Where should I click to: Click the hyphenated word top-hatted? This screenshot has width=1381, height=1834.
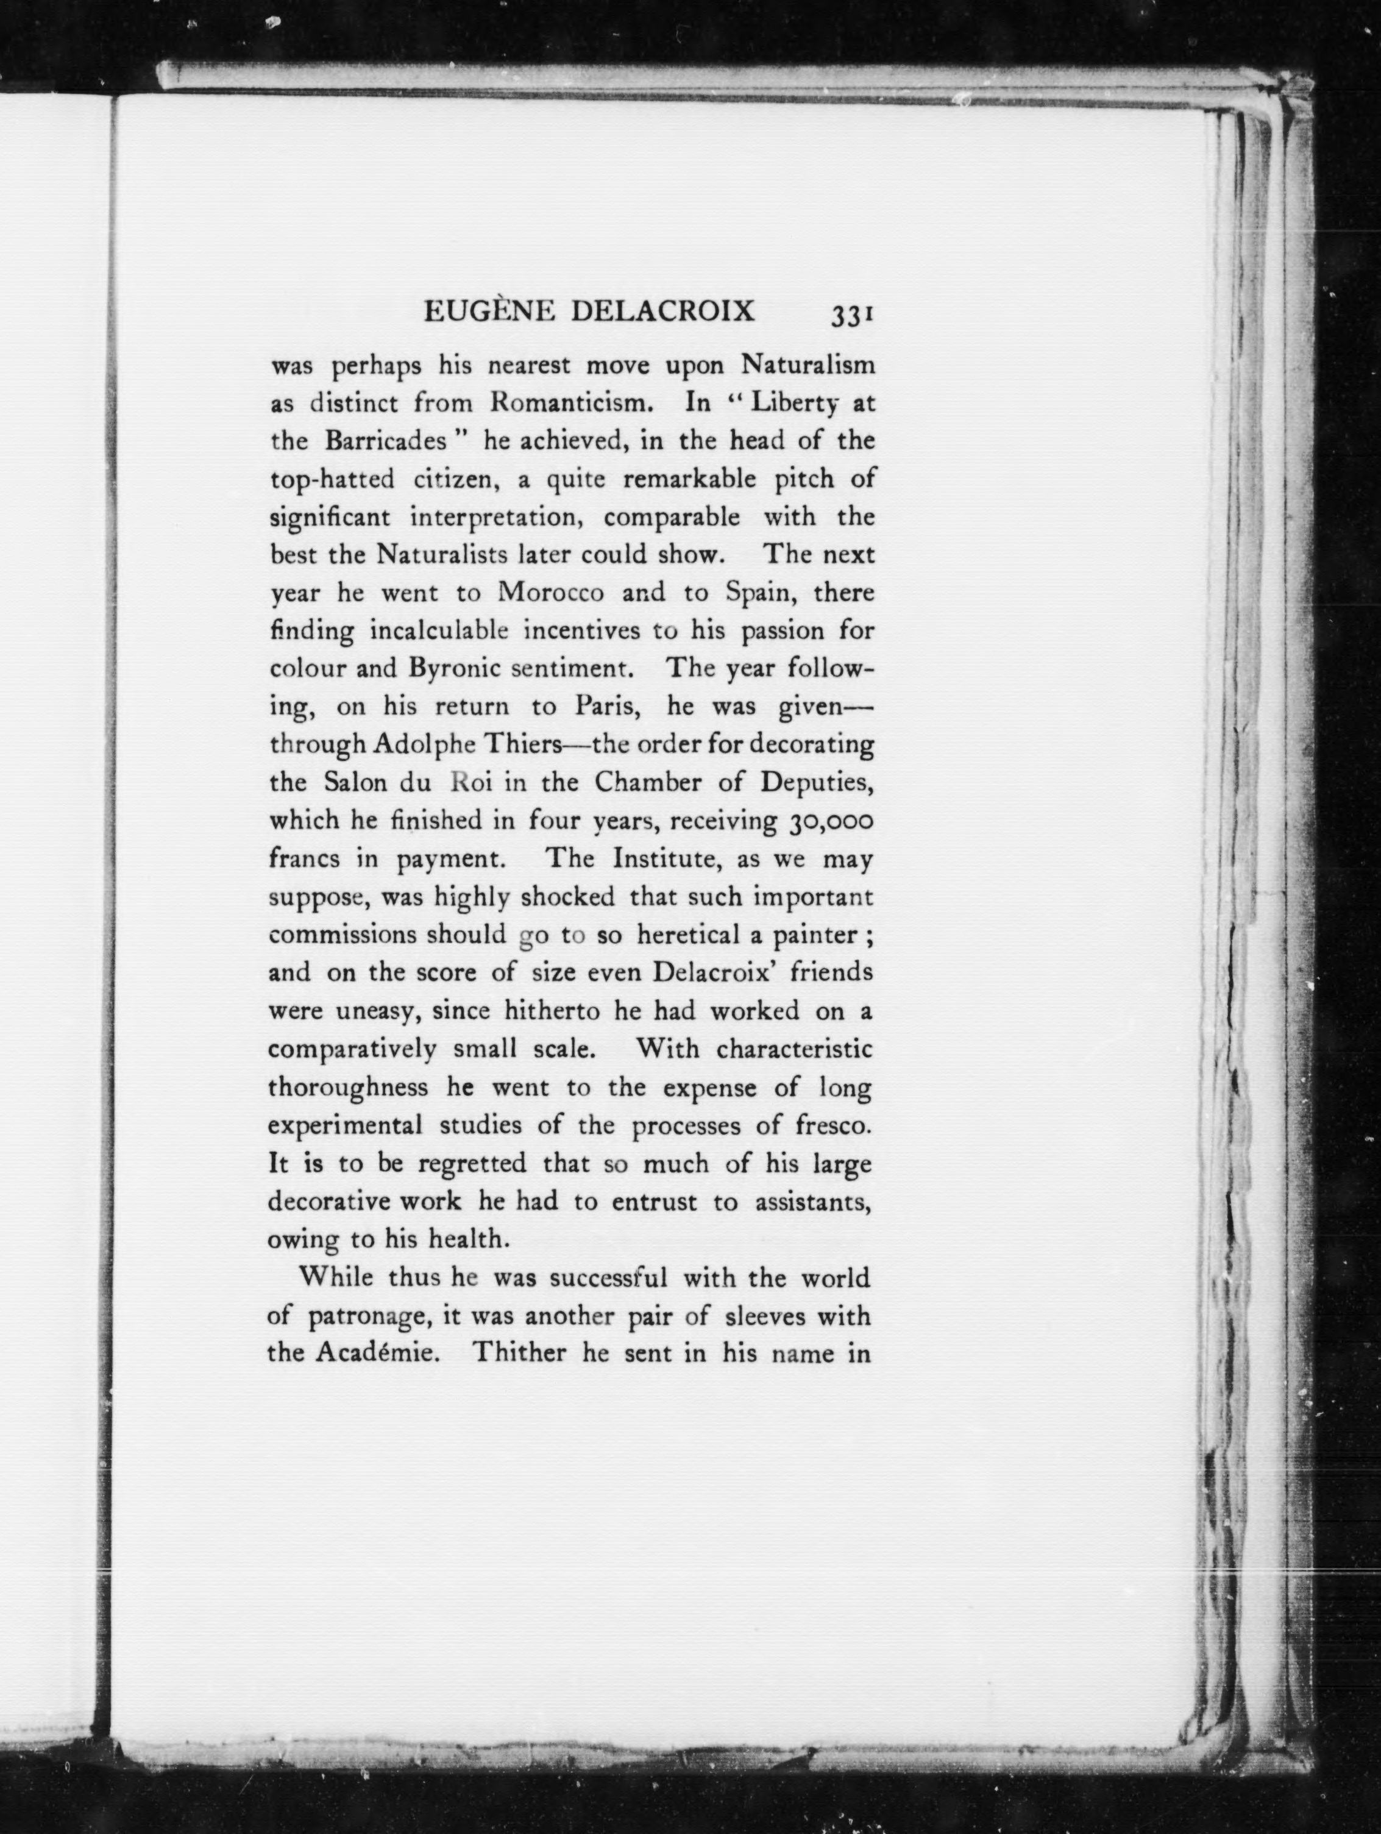point(332,480)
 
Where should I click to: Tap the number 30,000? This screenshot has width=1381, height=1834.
point(826,821)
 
